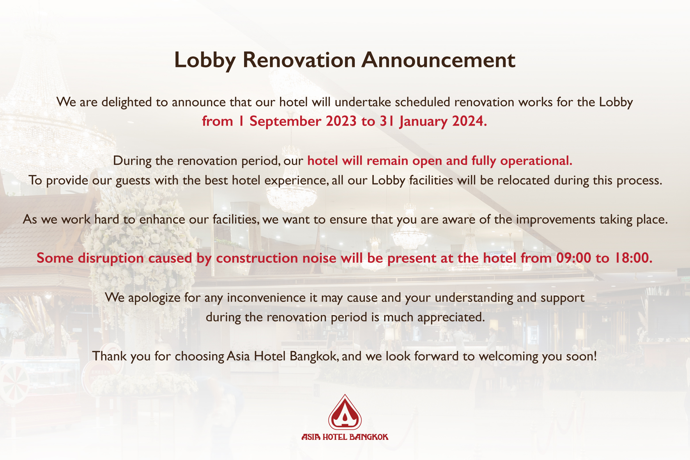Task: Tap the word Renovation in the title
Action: point(299,60)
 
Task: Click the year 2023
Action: point(341,121)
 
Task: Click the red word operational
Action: point(536,161)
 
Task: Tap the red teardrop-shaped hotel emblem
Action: point(345,412)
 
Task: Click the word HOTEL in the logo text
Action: point(335,437)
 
